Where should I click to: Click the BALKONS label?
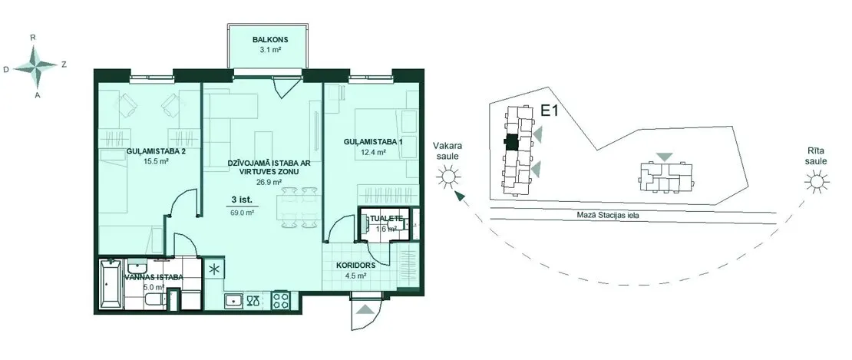coord(269,40)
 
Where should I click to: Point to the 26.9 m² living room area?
coord(269,182)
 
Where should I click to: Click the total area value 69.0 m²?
coord(243,213)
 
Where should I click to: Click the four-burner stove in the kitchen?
coord(282,300)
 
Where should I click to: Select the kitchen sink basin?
coord(235,300)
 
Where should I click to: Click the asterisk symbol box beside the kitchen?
coord(213,268)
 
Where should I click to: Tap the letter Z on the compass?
coord(64,64)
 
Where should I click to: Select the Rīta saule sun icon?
coord(817,182)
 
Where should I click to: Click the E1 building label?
coord(550,111)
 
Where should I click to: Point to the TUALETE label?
coord(386,218)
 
